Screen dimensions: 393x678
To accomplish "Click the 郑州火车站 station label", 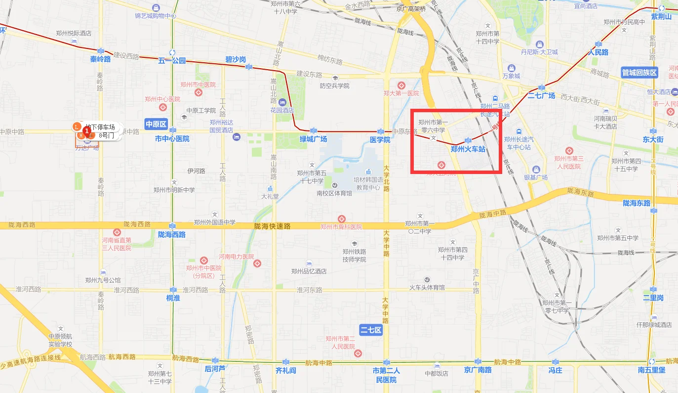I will (468, 148).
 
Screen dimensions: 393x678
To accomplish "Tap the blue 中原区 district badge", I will (157, 124).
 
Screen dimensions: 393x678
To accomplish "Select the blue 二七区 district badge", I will (371, 330).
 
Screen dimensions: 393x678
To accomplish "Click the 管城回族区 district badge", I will (639, 73).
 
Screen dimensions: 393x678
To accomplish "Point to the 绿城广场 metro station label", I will (314, 139).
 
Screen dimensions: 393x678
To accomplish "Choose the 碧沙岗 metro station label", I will (236, 60).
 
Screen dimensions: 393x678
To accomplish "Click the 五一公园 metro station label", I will (172, 61).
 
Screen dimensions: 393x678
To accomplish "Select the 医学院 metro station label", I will (380, 140).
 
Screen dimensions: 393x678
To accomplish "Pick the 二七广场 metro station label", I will (542, 95).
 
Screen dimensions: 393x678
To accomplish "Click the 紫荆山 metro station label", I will (661, 17).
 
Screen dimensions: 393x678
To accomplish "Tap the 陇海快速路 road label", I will (272, 226).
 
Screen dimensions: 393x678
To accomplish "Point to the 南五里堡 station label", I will (651, 370).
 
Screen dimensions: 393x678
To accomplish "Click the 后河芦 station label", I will (215, 369).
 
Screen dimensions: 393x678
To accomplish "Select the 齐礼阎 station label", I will (285, 370).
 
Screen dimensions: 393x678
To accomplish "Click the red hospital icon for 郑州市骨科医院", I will (341, 219).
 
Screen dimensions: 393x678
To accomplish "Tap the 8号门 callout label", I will (106, 134).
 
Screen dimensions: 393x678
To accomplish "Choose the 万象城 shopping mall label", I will (511, 76).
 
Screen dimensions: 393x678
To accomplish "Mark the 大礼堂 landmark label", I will (270, 196).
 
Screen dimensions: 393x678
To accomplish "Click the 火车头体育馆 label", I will (427, 287).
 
